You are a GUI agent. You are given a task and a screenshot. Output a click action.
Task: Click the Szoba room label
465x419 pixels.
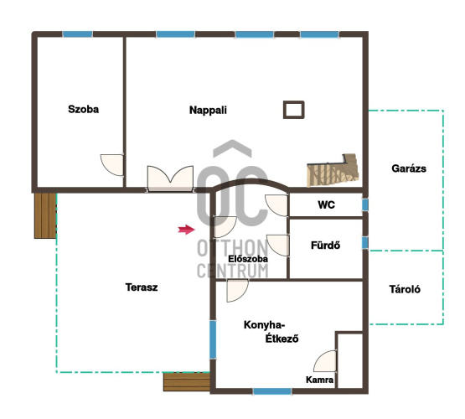[83, 110]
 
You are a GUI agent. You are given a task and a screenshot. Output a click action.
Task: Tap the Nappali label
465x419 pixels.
[208, 110]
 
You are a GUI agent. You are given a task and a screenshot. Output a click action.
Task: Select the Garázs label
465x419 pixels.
[409, 168]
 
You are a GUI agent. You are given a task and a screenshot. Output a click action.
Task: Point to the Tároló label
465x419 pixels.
[405, 289]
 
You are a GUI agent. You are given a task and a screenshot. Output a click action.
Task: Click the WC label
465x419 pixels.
[326, 205]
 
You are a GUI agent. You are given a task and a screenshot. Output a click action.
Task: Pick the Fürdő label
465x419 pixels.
[325, 246]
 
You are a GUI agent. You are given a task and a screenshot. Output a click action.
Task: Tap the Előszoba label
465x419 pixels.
[248, 259]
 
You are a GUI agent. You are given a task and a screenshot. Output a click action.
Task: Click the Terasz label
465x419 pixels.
[142, 287]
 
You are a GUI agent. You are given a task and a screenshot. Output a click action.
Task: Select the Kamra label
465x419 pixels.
[319, 380]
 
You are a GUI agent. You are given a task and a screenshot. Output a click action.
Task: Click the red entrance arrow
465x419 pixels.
[186, 230]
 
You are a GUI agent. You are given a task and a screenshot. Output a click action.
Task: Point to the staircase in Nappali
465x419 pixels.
[333, 170]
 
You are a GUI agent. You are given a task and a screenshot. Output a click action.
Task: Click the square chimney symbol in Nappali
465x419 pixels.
[294, 110]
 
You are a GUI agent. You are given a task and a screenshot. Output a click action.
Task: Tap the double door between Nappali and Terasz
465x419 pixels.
[171, 178]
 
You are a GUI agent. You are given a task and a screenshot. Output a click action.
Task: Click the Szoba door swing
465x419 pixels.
[111, 165]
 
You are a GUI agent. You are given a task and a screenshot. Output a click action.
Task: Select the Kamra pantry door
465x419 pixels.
[325, 361]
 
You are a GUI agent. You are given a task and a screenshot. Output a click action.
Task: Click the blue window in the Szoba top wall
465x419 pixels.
[78, 34]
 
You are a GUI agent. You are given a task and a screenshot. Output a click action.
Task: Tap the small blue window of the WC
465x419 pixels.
[365, 204]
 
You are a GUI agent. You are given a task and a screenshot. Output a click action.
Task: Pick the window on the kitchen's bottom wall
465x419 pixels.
[272, 391]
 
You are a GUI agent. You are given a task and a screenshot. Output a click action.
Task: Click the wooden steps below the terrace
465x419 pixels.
[187, 382]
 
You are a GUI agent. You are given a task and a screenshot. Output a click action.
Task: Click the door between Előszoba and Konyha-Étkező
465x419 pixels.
[237, 291]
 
